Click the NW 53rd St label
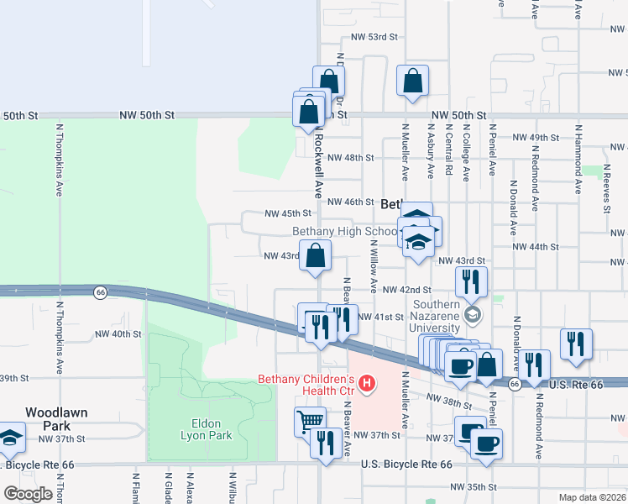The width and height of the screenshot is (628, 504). (375, 38)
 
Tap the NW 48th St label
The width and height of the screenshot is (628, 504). (350, 157)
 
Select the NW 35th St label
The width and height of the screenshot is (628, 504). (473, 487)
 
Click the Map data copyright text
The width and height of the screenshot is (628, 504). (593, 497)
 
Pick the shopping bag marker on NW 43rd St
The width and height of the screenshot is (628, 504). (316, 255)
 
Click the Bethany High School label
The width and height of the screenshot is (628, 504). (346, 231)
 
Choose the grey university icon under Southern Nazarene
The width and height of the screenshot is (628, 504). (474, 314)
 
